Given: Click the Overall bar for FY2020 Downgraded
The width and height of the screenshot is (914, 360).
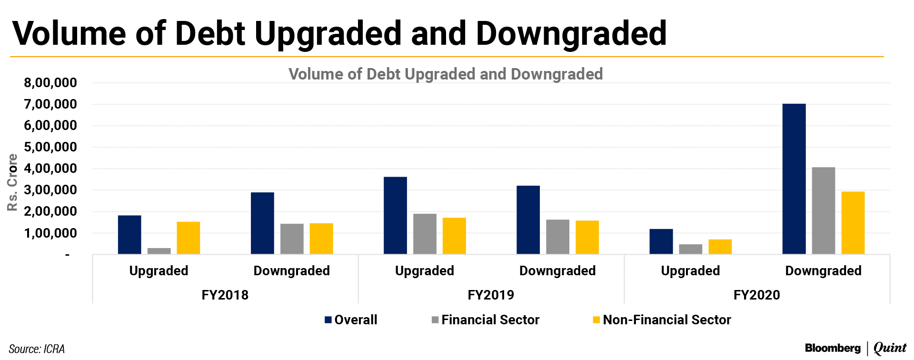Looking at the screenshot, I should pyautogui.click(x=794, y=179).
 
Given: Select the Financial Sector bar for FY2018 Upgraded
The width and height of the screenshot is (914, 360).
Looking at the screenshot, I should pyautogui.click(x=159, y=251).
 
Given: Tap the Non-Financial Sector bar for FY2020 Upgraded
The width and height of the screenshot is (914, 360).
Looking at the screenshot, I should pyautogui.click(x=720, y=247).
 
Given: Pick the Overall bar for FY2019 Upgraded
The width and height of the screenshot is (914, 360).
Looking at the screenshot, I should pyautogui.click(x=395, y=215).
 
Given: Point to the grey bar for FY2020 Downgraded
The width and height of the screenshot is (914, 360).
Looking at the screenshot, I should pyautogui.click(x=824, y=210).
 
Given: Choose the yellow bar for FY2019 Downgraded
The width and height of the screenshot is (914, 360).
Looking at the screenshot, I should pyautogui.click(x=587, y=237).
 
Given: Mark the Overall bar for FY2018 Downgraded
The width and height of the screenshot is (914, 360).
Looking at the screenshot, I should pyautogui.click(x=262, y=223).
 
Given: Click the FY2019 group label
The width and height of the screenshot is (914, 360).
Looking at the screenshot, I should pyautogui.click(x=491, y=295).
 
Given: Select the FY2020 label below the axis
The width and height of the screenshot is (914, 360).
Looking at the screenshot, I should pyautogui.click(x=756, y=295).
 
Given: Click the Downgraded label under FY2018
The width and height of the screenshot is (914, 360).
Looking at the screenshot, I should pyautogui.click(x=291, y=271).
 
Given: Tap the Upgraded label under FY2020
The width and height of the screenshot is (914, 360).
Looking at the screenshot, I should pyautogui.click(x=690, y=271).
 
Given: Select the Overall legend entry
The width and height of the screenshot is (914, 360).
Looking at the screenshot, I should pyautogui.click(x=351, y=320).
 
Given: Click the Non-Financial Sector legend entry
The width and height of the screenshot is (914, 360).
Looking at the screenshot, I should pyautogui.click(x=662, y=320).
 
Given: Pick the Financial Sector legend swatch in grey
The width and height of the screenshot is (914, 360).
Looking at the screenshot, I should pyautogui.click(x=435, y=320).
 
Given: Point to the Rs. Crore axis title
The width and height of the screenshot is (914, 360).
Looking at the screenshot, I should pyautogui.click(x=12, y=182).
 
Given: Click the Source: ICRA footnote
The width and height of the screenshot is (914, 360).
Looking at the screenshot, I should pyautogui.click(x=37, y=349).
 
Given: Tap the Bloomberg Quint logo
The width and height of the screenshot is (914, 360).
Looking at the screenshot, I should pyautogui.click(x=855, y=348).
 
